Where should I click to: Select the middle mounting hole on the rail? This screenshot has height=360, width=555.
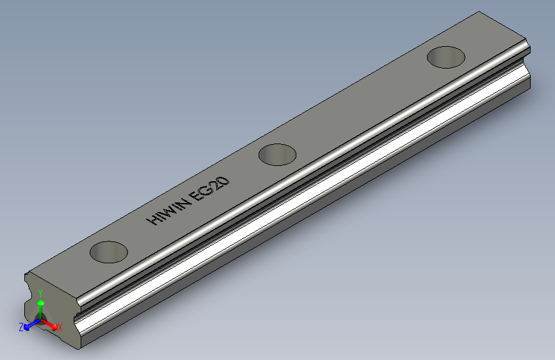pyautogui.click(x=277, y=154)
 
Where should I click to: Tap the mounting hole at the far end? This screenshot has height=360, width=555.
pyautogui.click(x=446, y=57)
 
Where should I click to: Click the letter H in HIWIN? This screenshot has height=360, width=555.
pyautogui.click(x=154, y=219)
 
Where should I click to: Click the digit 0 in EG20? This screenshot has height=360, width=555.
pyautogui.click(x=225, y=177)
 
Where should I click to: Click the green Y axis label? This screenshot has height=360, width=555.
pyautogui.click(x=40, y=293)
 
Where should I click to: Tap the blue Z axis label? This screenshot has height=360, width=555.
pyautogui.click(x=21, y=327)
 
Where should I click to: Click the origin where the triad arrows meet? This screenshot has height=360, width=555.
pyautogui.click(x=40, y=320)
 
